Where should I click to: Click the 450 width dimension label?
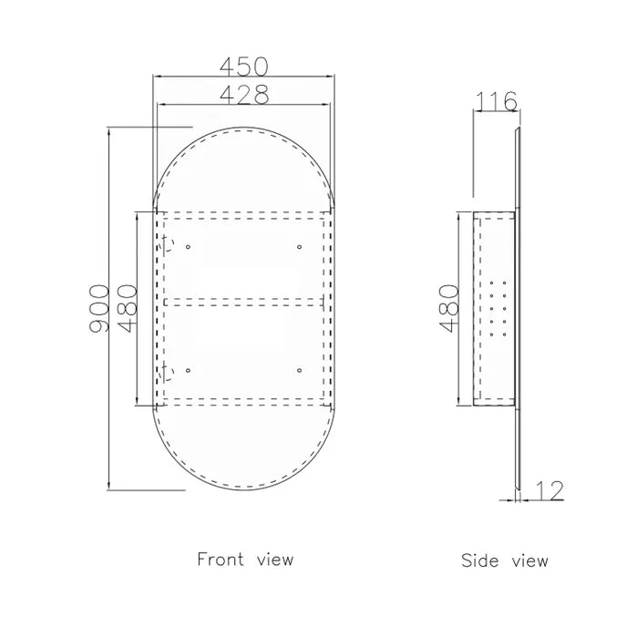243,67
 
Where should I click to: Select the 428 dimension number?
244,95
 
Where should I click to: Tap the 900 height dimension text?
99,308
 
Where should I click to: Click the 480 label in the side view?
449,308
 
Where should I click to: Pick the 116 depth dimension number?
496,101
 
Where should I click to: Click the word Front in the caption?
221,559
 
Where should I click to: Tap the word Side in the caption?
479,561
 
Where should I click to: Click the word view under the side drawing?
530,561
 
